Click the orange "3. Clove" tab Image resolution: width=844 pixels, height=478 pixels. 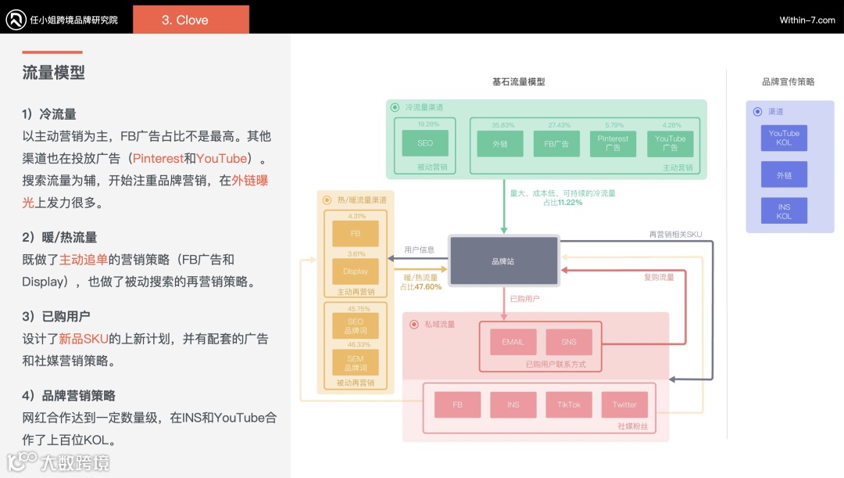point(191,20)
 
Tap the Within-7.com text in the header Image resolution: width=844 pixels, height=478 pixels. point(806,20)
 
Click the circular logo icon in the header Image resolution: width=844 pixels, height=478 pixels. point(16,20)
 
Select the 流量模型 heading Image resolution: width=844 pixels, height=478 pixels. point(54,73)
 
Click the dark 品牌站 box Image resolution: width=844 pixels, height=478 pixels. point(503,261)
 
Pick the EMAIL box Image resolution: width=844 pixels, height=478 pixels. point(513,342)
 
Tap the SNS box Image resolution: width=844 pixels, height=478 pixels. point(569,342)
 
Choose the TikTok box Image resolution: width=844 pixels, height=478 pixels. point(569,404)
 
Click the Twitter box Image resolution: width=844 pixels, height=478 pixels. point(624,404)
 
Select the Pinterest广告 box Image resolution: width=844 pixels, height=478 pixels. point(613,143)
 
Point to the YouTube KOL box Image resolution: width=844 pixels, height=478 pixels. point(784,138)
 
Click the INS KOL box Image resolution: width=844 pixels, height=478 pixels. point(784,211)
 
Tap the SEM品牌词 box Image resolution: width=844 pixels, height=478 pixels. point(356,362)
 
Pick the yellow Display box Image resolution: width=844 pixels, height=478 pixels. point(356,271)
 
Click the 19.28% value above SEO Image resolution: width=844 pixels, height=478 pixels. point(427,124)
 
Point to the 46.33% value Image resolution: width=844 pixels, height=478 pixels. point(359,344)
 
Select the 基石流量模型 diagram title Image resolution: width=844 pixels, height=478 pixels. point(519,81)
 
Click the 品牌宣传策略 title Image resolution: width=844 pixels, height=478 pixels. point(788,81)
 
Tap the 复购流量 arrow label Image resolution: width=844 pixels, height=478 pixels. point(658,277)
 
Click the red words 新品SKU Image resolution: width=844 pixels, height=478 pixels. point(84,339)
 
